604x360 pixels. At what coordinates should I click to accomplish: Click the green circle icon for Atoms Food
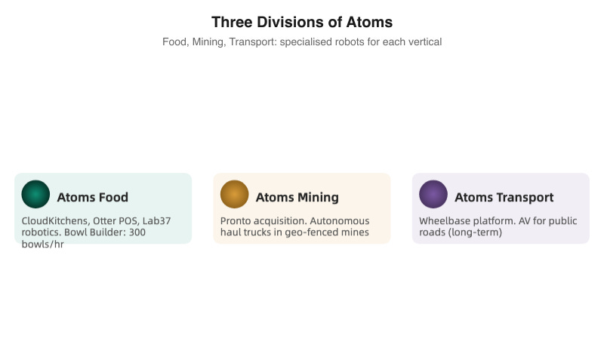pos(35,195)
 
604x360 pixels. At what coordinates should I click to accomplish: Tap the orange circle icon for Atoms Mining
pos(234,195)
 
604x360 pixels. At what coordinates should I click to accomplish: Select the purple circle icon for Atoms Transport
pos(433,195)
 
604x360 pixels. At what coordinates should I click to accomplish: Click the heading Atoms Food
pos(92,198)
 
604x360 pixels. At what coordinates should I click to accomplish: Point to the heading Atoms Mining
pos(297,198)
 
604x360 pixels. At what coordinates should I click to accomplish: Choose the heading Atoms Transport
pos(504,198)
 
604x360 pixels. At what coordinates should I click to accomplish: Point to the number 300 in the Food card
pos(137,232)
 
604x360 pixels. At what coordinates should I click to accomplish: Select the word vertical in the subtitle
pos(424,42)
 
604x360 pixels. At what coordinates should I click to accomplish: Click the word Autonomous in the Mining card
pos(343,221)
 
